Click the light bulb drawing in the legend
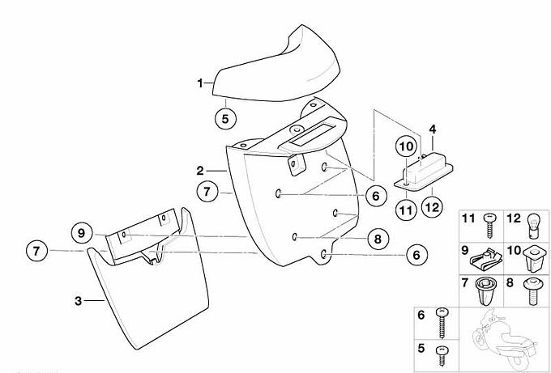coord(534,227)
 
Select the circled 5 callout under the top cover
coord(225,119)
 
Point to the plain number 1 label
coord(200,83)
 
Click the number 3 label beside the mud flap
coord(78,301)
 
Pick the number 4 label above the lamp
coord(433,129)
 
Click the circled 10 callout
coord(406,146)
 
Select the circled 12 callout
coord(432,207)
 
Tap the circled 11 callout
coord(406,210)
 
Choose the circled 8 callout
coord(378,239)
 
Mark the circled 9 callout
coord(82,233)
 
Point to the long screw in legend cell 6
coord(442,323)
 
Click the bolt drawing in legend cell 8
coord(531,292)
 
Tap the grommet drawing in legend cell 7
coord(485,292)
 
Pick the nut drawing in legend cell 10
coord(534,259)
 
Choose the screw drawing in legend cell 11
coord(489,226)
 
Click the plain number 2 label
coord(200,171)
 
